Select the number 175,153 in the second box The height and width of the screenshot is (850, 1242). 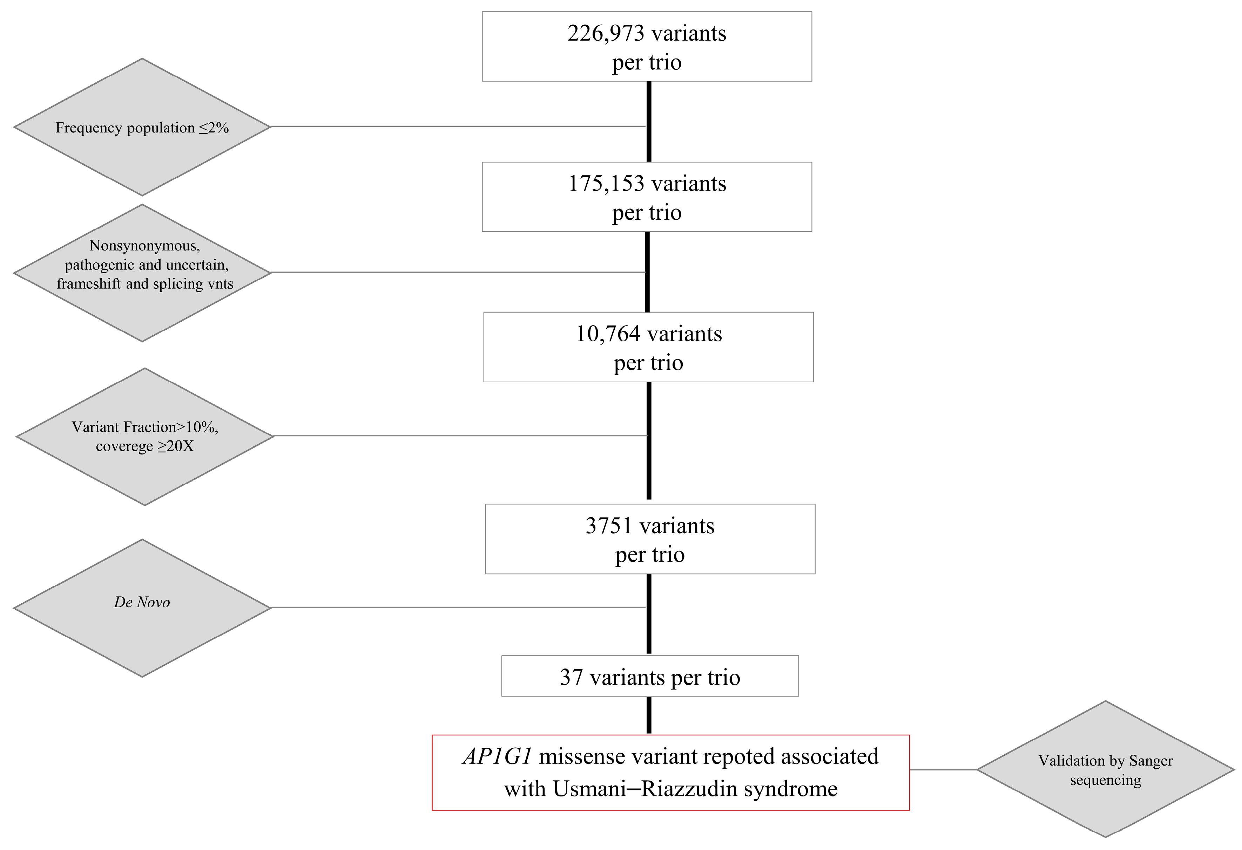click(x=606, y=184)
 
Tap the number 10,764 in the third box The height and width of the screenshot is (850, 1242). click(x=608, y=334)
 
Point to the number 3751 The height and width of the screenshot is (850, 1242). click(x=609, y=526)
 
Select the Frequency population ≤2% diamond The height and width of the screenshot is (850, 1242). click(x=142, y=128)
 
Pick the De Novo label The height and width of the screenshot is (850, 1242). click(x=142, y=602)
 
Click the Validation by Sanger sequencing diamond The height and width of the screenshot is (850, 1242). click(x=1105, y=770)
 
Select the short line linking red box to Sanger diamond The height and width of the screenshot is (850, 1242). click(x=943, y=769)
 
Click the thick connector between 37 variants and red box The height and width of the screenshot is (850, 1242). click(x=649, y=715)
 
